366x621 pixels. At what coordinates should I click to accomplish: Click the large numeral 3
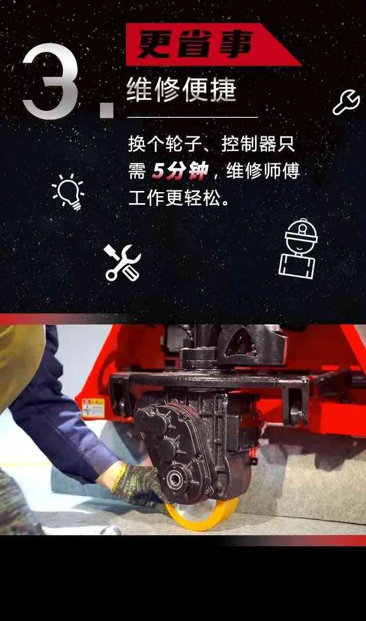[51, 82]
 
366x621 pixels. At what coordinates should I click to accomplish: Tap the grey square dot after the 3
[107, 108]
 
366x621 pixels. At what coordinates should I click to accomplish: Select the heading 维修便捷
[182, 91]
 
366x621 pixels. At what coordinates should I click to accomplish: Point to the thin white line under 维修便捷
[192, 117]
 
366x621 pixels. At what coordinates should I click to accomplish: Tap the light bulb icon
[69, 192]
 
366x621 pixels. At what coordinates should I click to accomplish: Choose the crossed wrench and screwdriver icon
[122, 262]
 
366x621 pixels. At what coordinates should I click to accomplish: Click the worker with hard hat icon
[299, 248]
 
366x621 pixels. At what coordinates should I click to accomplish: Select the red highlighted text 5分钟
[179, 171]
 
